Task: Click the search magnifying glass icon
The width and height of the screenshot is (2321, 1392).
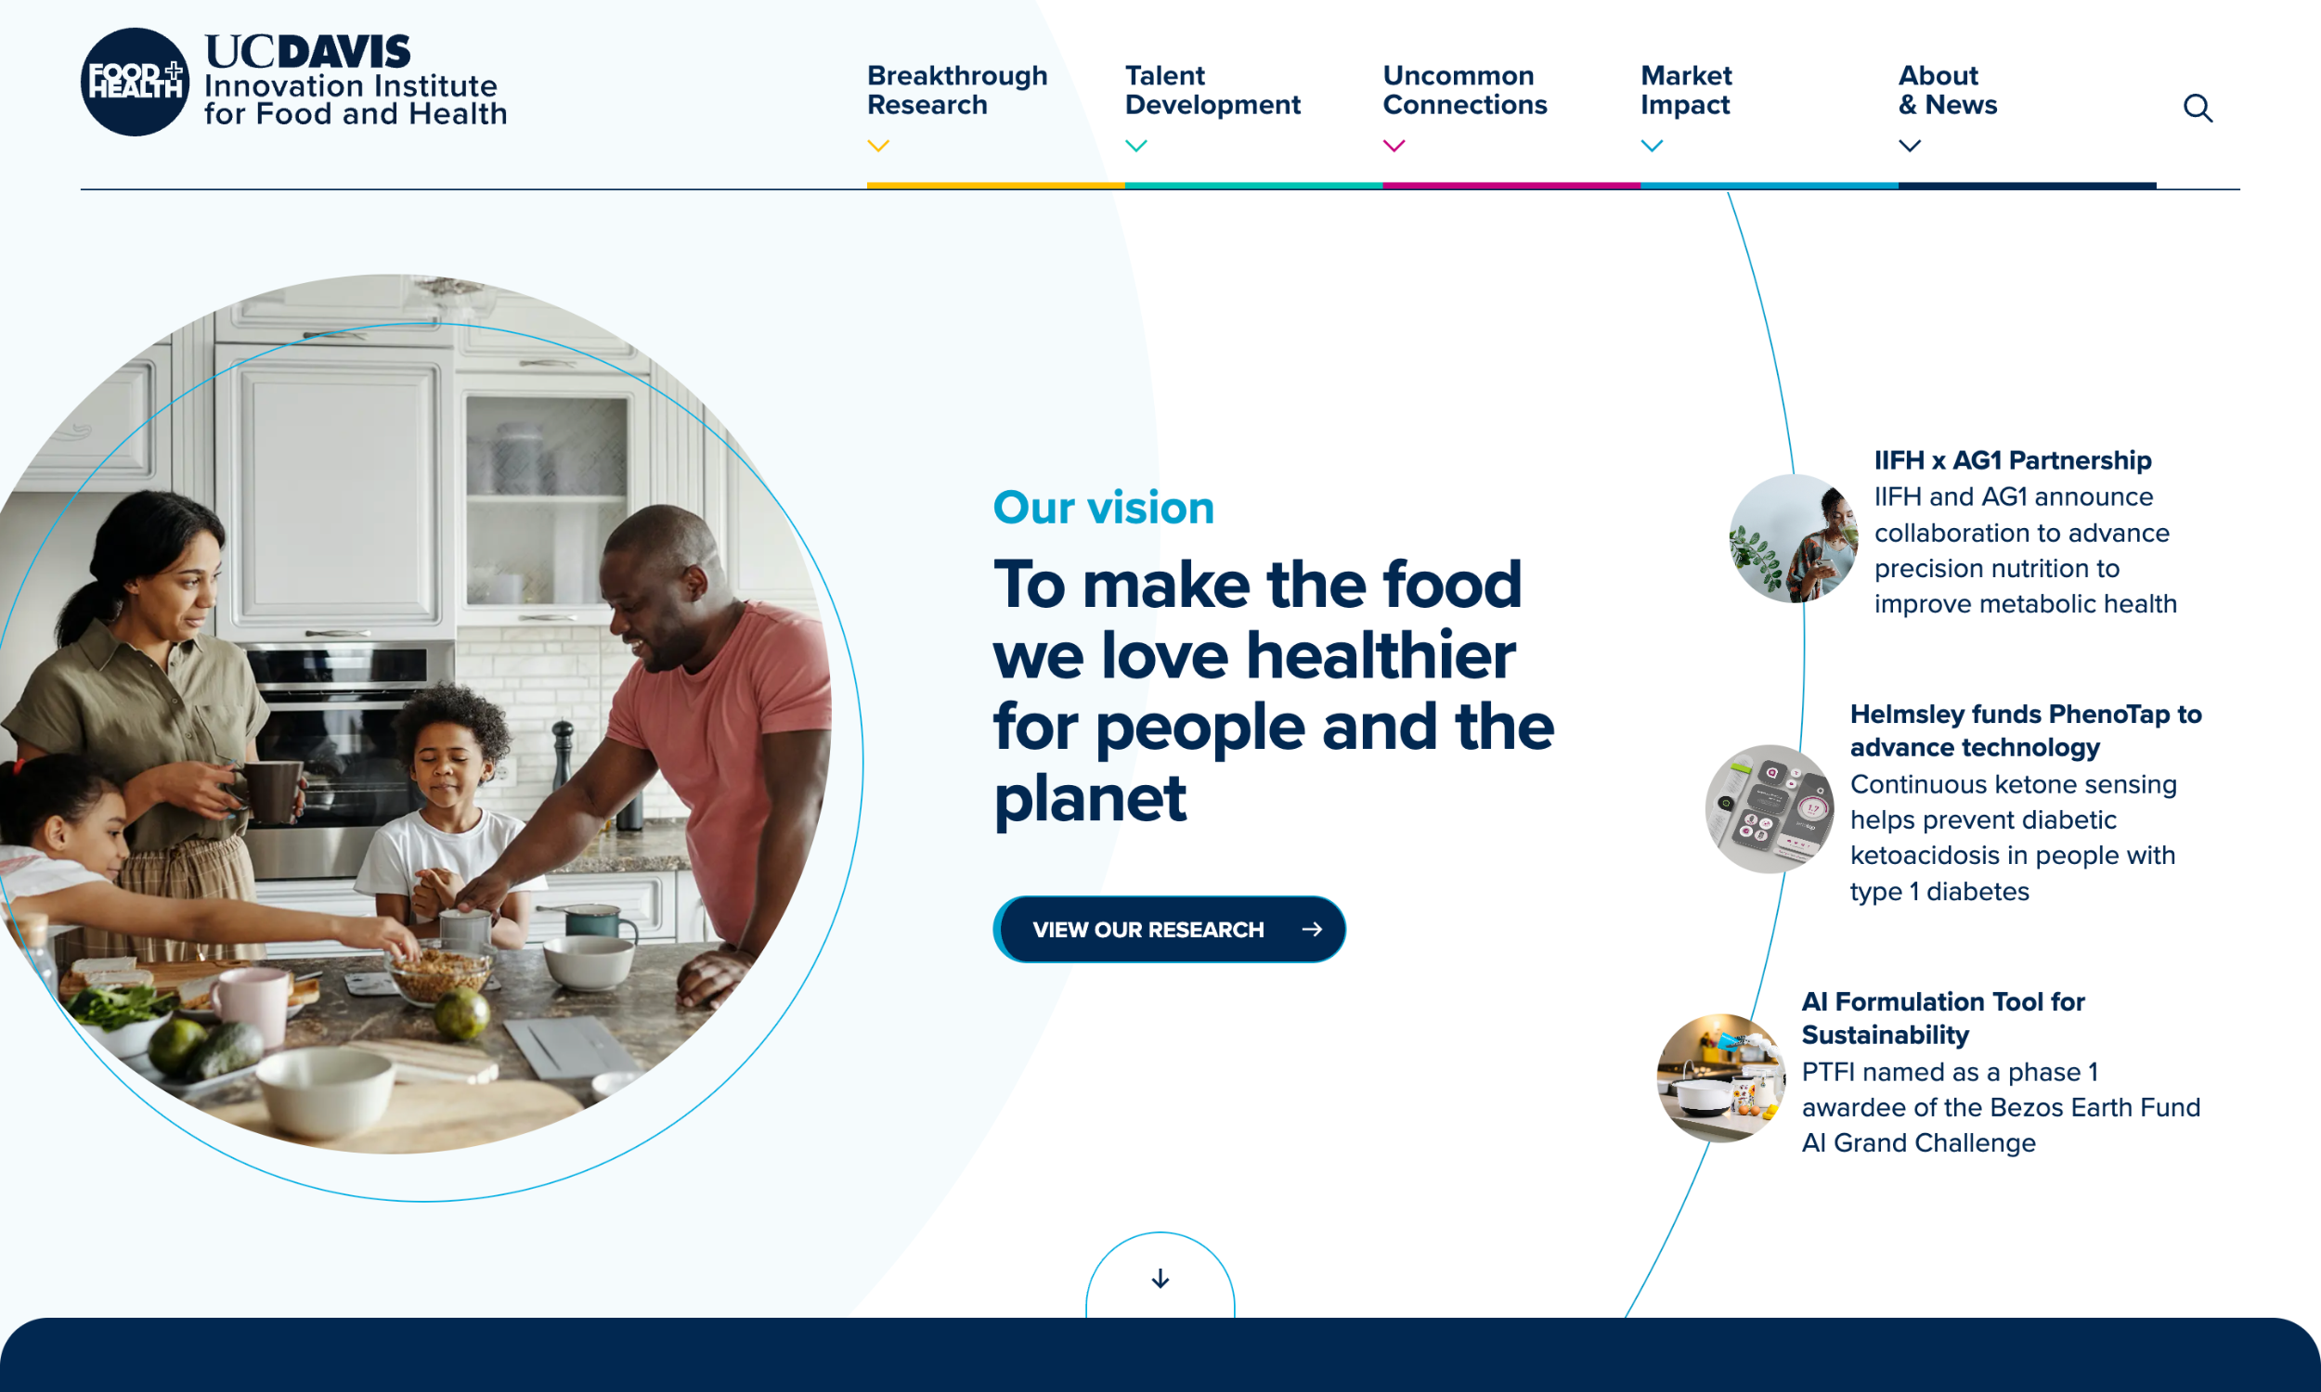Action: click(x=2198, y=109)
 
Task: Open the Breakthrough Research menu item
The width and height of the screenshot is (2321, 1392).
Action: click(x=956, y=90)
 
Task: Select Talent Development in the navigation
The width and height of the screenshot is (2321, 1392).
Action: click(x=1212, y=90)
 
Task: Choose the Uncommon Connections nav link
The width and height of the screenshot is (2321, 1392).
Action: click(x=1463, y=90)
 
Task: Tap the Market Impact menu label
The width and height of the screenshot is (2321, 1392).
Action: click(x=1686, y=90)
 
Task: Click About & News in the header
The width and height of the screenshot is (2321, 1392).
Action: click(x=1947, y=90)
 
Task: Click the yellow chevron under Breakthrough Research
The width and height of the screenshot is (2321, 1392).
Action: click(x=878, y=147)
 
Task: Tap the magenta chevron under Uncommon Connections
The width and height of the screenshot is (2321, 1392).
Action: click(x=1394, y=147)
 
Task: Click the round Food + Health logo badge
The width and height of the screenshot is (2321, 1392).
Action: click(x=136, y=82)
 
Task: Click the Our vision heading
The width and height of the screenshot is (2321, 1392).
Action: click(x=1103, y=508)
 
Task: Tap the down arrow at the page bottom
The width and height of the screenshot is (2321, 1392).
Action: click(x=1160, y=1279)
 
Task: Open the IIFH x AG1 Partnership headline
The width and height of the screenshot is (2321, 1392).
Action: click(x=2013, y=460)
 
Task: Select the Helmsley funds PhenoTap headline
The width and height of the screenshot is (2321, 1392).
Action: click(x=2025, y=730)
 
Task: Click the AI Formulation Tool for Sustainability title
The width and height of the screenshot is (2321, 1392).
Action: click(x=1942, y=1018)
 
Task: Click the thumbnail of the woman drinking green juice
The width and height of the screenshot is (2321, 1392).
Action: click(x=1793, y=538)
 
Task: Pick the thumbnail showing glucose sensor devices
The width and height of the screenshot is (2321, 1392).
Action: click(x=1769, y=808)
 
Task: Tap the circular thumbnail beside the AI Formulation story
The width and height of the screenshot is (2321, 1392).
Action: click(x=1720, y=1077)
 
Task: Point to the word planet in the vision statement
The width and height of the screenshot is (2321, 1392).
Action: click(x=1089, y=799)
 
